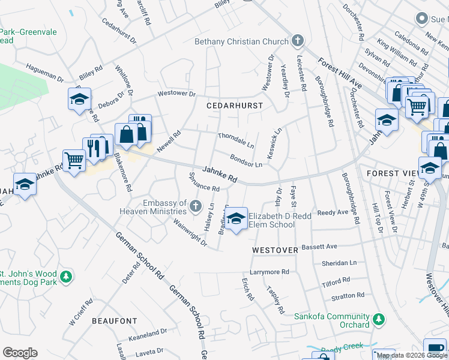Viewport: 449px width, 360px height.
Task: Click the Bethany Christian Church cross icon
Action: [296, 41]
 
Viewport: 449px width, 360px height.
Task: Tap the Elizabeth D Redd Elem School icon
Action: [237, 220]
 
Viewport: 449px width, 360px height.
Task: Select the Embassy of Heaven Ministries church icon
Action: [195, 207]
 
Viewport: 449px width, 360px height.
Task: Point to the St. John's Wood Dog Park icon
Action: [67, 277]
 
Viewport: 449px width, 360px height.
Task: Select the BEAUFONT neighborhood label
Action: [115, 321]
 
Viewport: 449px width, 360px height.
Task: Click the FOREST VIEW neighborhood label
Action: [391, 173]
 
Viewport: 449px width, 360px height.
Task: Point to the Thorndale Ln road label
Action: [236, 141]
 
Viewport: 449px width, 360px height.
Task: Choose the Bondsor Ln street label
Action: [246, 161]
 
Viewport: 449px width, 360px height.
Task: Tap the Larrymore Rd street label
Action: [270, 272]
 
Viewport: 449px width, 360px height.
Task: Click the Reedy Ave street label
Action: [333, 212]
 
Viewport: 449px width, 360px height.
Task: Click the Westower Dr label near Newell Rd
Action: [176, 94]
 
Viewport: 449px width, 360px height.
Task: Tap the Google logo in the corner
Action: [20, 353]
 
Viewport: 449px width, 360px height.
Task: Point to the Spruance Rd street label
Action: [204, 183]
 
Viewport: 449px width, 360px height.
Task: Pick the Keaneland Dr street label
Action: [146, 332]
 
